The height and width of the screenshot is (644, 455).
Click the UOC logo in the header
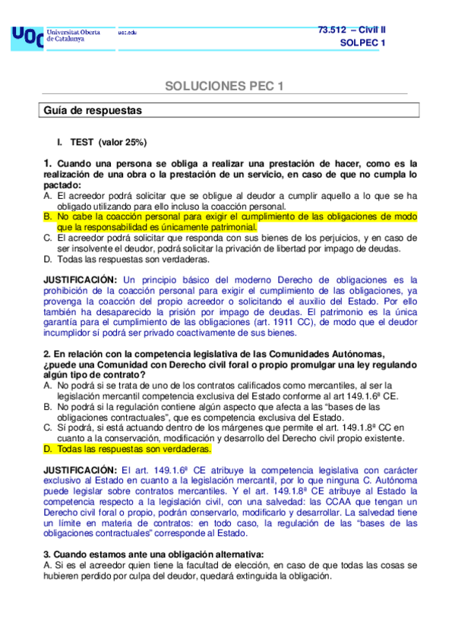pos(27,37)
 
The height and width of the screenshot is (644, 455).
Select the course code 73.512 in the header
pos(333,29)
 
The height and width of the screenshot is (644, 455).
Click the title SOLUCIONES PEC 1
pos(224,86)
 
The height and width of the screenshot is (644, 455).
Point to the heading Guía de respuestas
pos(93,110)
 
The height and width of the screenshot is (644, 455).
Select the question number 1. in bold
pos(47,163)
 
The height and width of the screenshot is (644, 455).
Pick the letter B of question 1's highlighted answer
pos(48,216)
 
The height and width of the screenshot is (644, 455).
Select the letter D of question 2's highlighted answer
pos(48,449)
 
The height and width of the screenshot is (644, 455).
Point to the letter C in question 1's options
pos(48,238)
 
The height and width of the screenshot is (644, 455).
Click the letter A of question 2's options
pos(48,386)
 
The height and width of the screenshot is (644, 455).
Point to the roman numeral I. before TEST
pos(59,142)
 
